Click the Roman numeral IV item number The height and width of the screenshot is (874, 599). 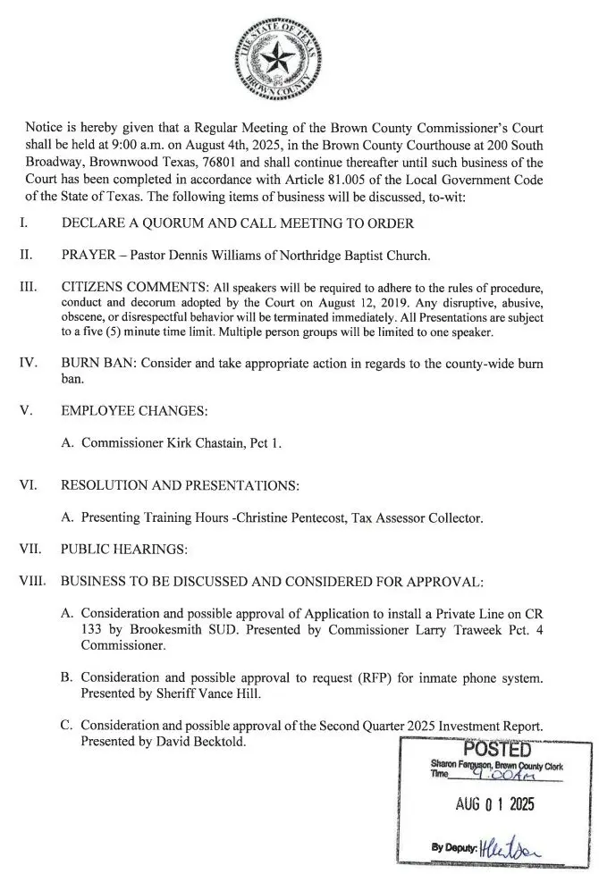tap(28, 365)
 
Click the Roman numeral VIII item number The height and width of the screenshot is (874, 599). tap(32, 582)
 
